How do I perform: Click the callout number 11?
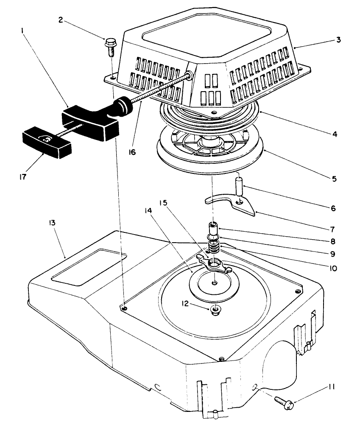tap(331, 388)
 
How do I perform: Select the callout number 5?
tap(334, 179)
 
